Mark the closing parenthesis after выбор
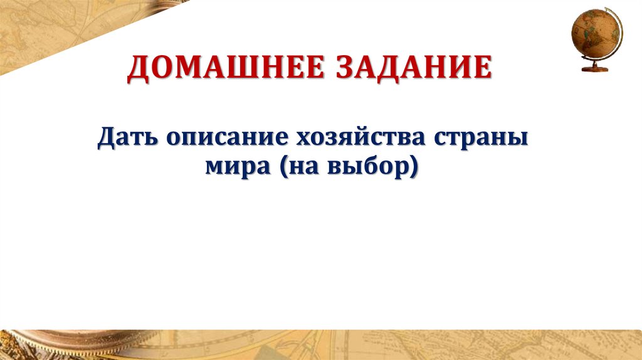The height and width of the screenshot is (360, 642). tap(414, 169)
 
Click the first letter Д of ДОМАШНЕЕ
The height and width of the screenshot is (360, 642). tap(138, 70)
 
